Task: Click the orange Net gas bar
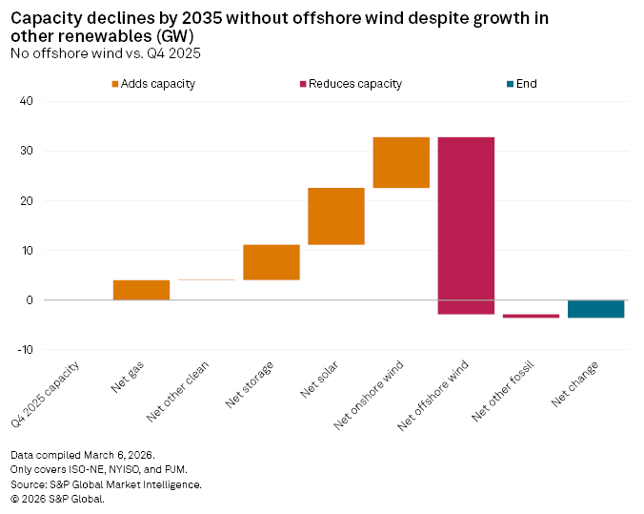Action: click(141, 290)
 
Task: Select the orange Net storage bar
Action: click(272, 262)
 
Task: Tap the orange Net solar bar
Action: click(336, 216)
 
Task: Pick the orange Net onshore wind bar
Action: click(401, 162)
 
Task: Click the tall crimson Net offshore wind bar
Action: click(466, 225)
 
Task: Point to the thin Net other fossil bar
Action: click(531, 316)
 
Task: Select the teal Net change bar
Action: click(595, 309)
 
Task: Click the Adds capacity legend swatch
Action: click(116, 84)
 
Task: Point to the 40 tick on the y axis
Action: click(26, 101)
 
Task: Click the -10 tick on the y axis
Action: click(23, 350)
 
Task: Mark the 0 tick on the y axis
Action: click(30, 300)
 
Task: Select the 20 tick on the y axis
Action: click(26, 201)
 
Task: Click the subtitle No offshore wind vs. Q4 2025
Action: click(105, 51)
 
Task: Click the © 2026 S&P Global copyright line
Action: click(57, 498)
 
